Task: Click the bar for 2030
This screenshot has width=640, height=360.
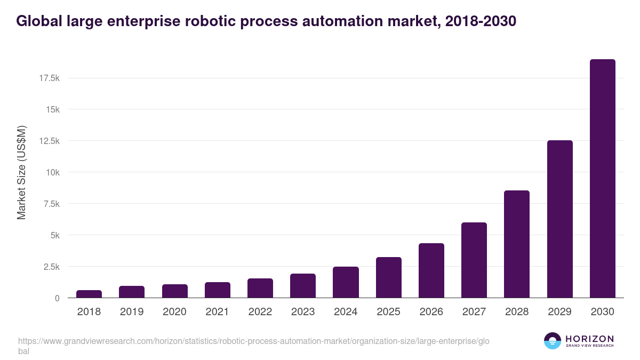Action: (602, 179)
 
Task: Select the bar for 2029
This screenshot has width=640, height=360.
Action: (559, 219)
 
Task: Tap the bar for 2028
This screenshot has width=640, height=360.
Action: (517, 244)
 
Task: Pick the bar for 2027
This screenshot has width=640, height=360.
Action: (474, 260)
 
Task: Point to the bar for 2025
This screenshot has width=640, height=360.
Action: (388, 277)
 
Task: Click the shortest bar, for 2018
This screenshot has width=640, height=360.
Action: (89, 294)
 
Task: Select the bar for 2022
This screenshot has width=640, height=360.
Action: (260, 288)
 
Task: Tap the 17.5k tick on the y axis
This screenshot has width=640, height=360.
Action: (49, 78)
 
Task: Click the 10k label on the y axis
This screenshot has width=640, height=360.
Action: (52, 172)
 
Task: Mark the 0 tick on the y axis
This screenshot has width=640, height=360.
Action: (57, 298)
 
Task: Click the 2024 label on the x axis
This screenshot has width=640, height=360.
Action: (346, 312)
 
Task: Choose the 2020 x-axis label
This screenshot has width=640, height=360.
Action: (174, 312)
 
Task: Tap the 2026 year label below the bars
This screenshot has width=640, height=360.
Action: (431, 312)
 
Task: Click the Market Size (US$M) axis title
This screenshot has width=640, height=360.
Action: (21, 172)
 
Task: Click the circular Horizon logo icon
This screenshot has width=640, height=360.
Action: (552, 341)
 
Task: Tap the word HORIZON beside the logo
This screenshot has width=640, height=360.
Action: (589, 338)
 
